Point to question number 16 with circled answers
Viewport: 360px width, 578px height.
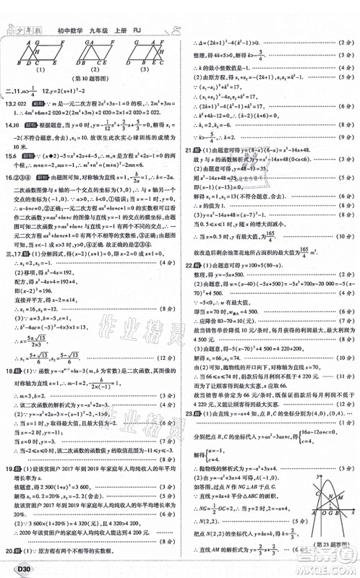pyautogui.click(x=9, y=173)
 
